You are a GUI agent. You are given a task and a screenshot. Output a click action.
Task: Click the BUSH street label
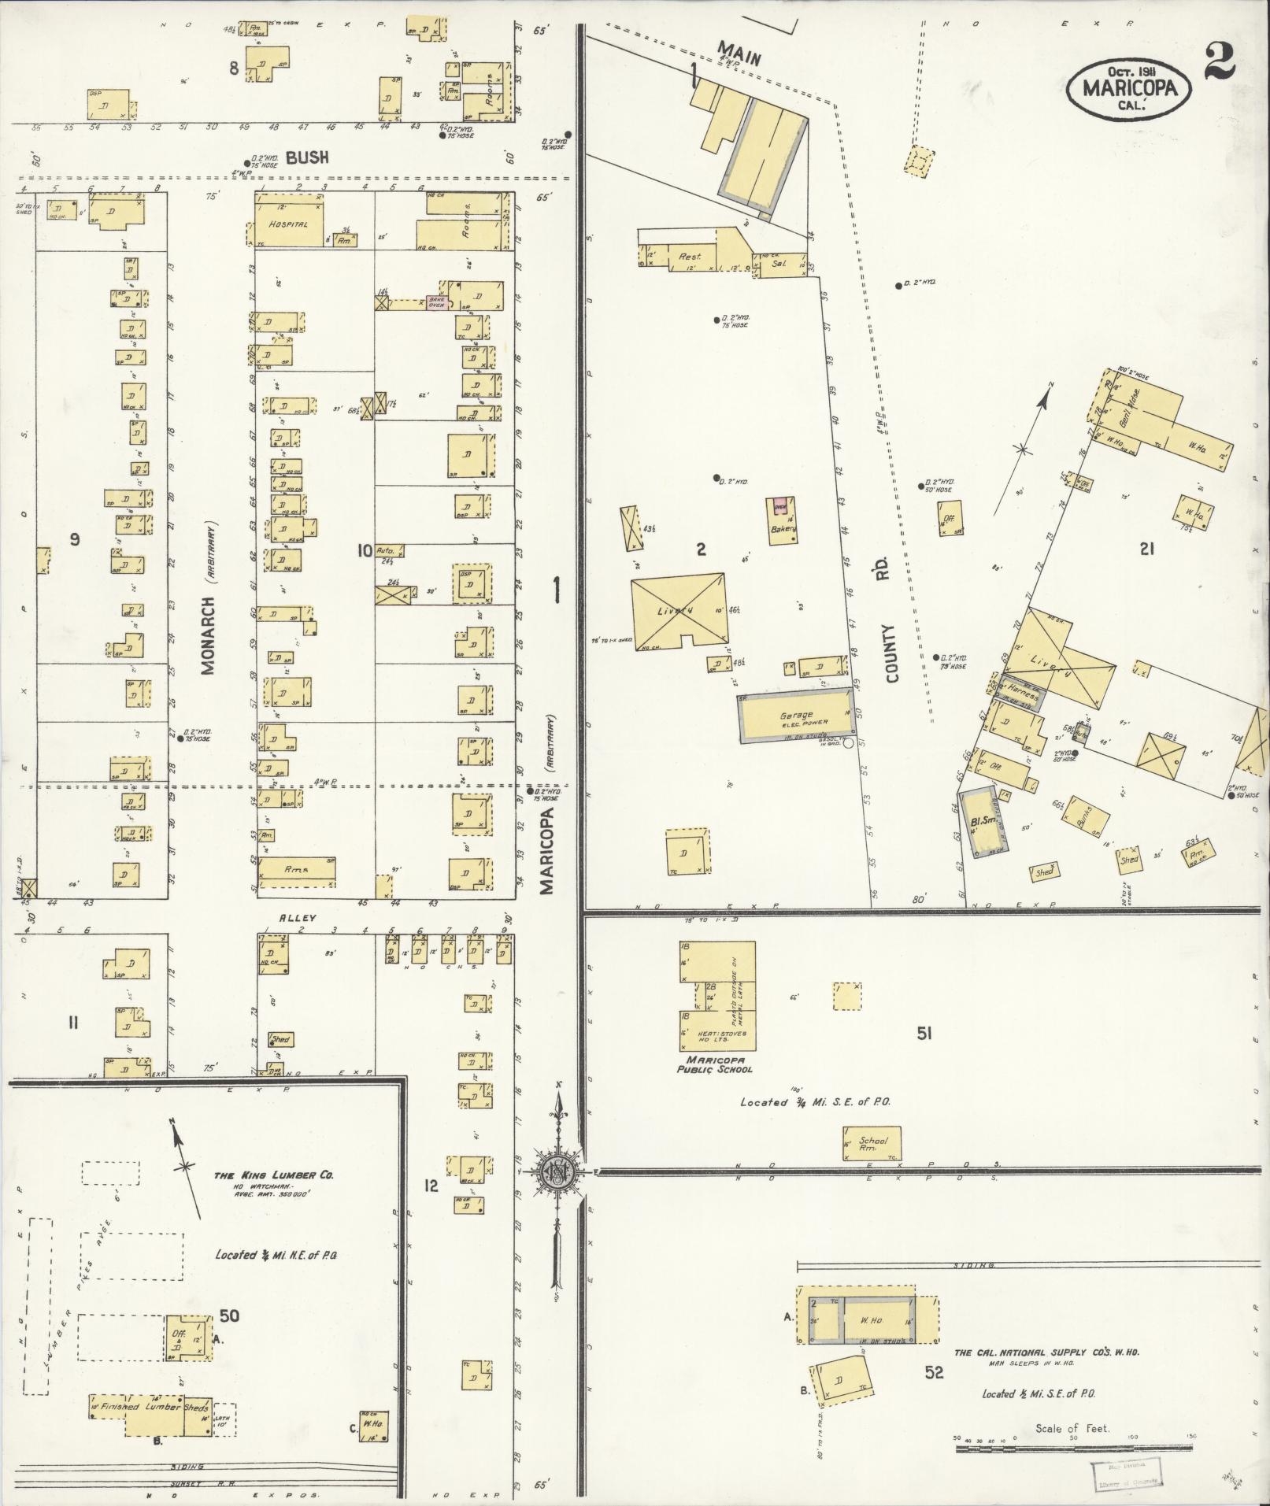pos(307,158)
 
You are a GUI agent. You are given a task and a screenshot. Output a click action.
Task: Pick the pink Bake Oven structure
pos(437,302)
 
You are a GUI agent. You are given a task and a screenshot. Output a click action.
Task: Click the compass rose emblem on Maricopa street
pos(557,1172)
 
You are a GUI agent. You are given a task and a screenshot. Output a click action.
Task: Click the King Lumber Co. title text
pos(273,1175)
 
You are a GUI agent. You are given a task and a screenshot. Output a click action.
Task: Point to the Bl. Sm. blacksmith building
pos(985,822)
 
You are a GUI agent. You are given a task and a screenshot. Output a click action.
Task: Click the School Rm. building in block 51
pos(870,1144)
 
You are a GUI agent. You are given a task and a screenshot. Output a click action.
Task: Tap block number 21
pos(1146,549)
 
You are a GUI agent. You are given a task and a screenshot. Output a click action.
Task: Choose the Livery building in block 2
pos(679,610)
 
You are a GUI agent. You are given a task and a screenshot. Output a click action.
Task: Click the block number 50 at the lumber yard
pos(229,1315)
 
